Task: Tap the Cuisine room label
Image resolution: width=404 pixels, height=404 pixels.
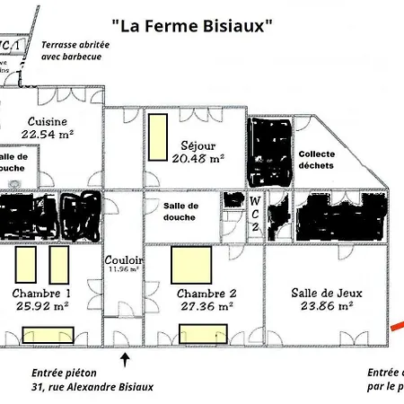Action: point(48,122)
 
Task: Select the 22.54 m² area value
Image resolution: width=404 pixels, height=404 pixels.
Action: point(48,135)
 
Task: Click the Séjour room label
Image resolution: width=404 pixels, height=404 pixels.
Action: point(198,144)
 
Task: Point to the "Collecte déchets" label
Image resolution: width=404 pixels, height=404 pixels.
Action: point(316,158)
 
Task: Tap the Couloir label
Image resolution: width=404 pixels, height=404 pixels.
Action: point(125,259)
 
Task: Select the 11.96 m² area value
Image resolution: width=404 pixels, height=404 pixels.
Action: point(125,268)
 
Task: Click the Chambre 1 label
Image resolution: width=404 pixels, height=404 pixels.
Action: point(42,294)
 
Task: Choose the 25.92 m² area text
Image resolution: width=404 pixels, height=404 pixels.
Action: point(42,306)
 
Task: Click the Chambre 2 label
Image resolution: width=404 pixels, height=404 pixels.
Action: point(206,294)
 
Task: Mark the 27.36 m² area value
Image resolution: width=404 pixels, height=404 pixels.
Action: point(206,306)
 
